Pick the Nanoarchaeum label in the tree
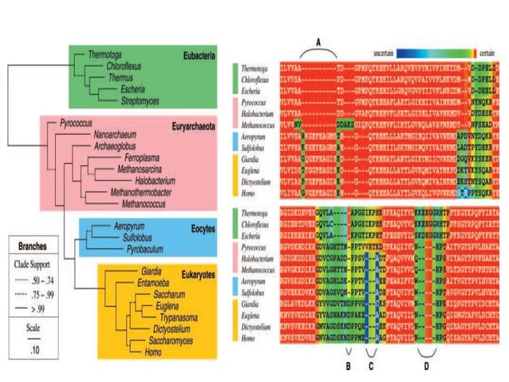(x=117, y=137)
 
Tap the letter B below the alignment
(x=347, y=366)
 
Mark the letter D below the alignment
(x=427, y=366)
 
